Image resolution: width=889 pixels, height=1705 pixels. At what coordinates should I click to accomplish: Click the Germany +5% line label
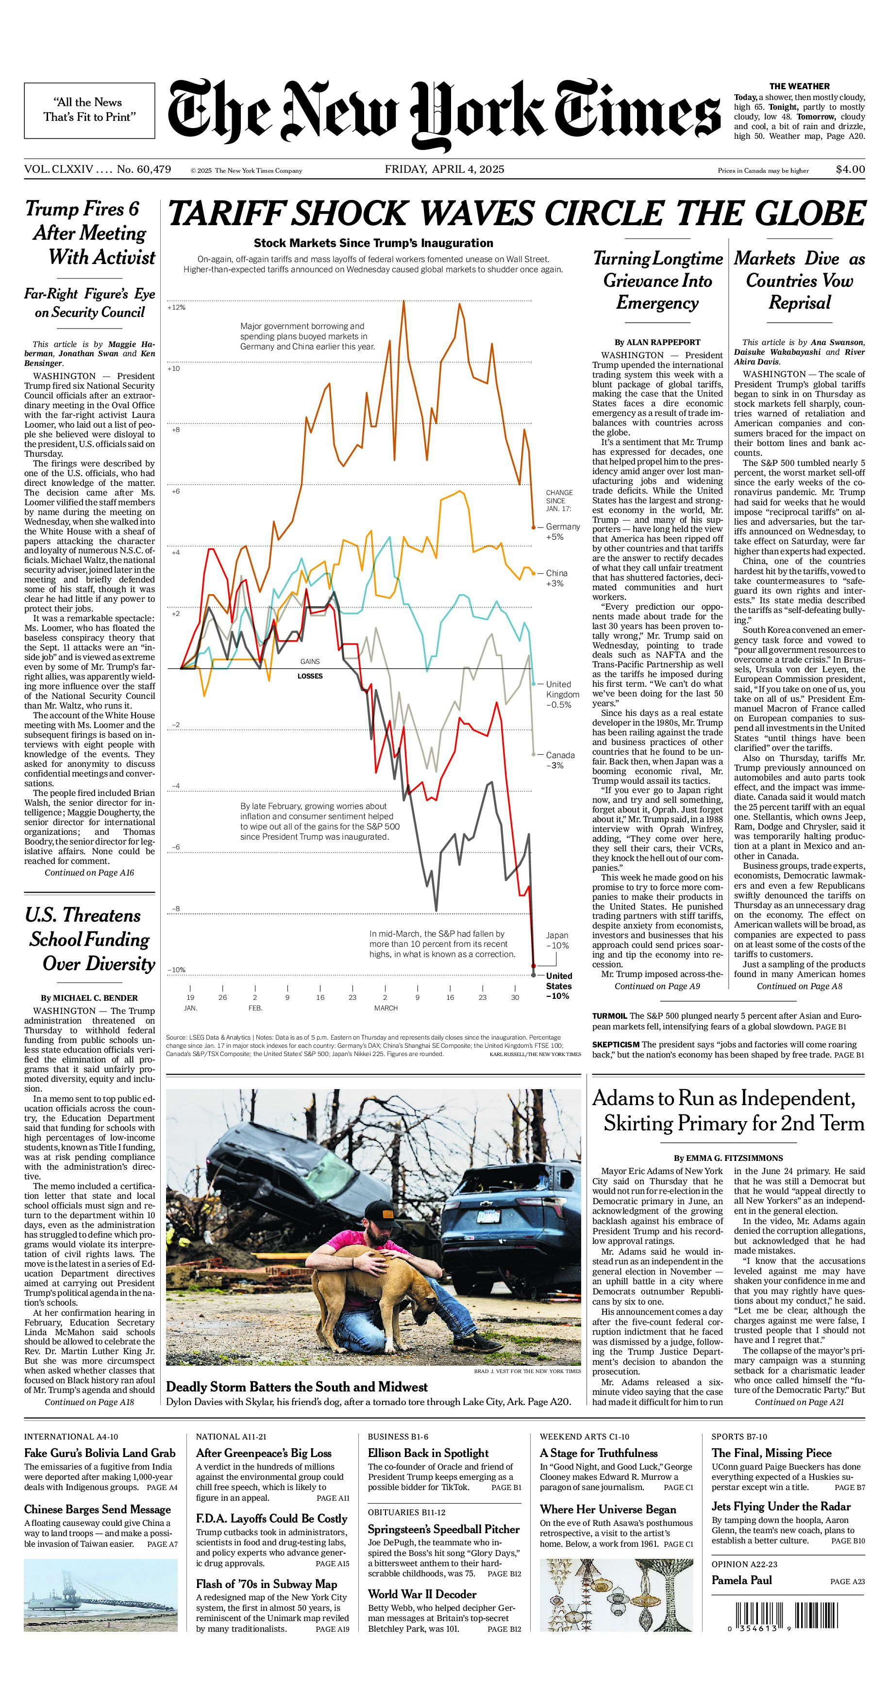562,531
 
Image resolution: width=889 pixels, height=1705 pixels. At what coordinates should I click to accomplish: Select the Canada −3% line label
559,760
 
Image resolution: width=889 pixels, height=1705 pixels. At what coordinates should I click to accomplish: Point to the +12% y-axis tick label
176,308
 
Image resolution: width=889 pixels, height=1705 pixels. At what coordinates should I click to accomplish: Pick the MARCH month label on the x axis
386,1008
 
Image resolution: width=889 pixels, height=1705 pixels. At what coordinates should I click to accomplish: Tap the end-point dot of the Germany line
534,528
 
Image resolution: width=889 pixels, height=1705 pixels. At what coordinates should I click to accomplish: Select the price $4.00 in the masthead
850,169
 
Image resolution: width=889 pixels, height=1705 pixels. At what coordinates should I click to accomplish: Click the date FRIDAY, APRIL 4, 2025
444,169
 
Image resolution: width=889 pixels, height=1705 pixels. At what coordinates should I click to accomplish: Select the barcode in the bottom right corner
788,1618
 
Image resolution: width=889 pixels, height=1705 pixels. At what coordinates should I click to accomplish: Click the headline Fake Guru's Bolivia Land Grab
100,1454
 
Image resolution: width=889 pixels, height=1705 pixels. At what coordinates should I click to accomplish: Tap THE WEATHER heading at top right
799,86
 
